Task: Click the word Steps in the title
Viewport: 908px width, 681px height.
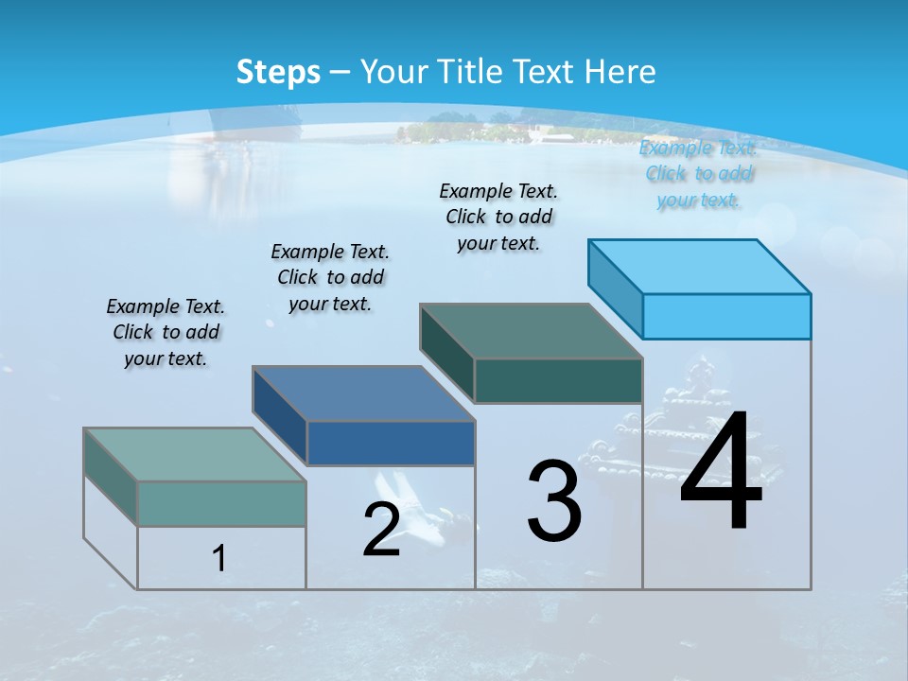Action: pyautogui.click(x=278, y=72)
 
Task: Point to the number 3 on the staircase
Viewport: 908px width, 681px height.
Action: pyautogui.click(x=553, y=500)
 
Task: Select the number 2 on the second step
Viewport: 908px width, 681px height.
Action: pyautogui.click(x=381, y=530)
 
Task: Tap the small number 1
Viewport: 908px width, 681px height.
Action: pyautogui.click(x=218, y=558)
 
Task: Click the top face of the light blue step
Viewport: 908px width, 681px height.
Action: pyautogui.click(x=700, y=266)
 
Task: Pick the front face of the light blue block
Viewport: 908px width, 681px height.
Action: pyautogui.click(x=726, y=316)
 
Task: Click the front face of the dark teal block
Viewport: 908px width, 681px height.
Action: pyautogui.click(x=558, y=380)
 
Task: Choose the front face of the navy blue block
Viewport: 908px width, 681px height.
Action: pyautogui.click(x=391, y=443)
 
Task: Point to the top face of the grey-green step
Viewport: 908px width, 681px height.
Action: pyautogui.click(x=195, y=455)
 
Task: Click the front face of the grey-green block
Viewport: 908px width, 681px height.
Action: pyautogui.click(x=221, y=503)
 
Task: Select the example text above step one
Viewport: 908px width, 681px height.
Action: pyautogui.click(x=166, y=332)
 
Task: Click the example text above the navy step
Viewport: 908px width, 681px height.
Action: pyautogui.click(x=330, y=277)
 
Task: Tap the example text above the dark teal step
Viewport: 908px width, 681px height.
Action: pyautogui.click(x=498, y=217)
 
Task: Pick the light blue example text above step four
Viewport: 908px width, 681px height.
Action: pyautogui.click(x=698, y=173)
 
